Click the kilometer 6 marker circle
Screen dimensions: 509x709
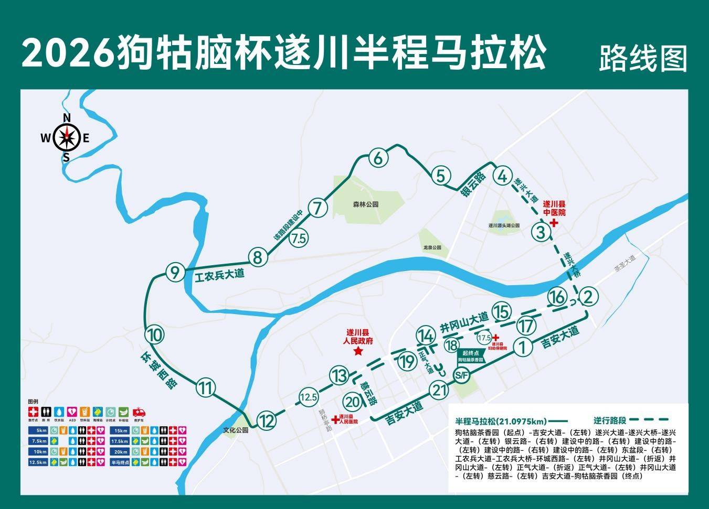(x=378, y=157)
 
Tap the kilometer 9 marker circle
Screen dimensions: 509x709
(x=175, y=273)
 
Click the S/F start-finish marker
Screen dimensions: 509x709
(x=461, y=375)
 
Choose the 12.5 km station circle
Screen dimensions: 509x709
(x=309, y=397)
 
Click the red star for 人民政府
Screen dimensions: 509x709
(x=358, y=351)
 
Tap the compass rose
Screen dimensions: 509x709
(x=66, y=138)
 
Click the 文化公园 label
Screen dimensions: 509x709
(x=235, y=430)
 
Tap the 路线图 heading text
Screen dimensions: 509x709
(x=643, y=58)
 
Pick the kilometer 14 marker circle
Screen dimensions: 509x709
(x=425, y=335)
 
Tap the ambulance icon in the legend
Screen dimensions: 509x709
(x=140, y=412)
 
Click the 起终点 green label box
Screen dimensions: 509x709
(x=470, y=357)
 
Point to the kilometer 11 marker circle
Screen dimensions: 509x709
(x=206, y=388)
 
